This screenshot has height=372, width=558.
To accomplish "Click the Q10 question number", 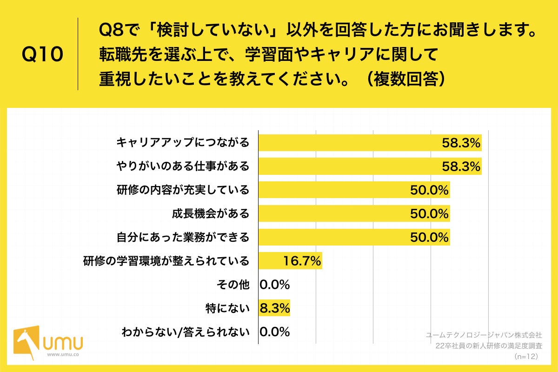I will click(42, 55).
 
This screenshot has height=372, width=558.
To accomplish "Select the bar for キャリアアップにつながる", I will click(370, 143).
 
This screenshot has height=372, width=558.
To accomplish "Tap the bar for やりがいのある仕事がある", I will click(370, 166).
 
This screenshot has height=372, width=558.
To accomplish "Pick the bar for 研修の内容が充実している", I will click(353, 190).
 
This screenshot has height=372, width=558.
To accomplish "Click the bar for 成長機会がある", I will click(353, 213).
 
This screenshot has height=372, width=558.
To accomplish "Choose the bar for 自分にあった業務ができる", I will click(353, 237).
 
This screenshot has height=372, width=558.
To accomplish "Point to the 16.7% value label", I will click(302, 261).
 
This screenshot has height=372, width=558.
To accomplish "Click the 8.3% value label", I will click(275, 308).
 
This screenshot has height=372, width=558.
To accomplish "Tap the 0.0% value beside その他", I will click(275, 284).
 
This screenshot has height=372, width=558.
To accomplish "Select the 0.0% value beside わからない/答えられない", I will click(275, 332).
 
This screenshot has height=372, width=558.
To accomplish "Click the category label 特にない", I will click(227, 308).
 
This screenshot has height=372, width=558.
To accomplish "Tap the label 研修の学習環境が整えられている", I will click(166, 261).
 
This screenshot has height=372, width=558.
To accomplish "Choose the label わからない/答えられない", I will click(185, 332).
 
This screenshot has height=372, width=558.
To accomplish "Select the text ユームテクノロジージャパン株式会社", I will click(484, 334).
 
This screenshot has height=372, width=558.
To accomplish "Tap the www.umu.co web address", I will click(63, 354).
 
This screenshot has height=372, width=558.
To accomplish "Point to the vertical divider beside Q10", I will click(78, 54).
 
